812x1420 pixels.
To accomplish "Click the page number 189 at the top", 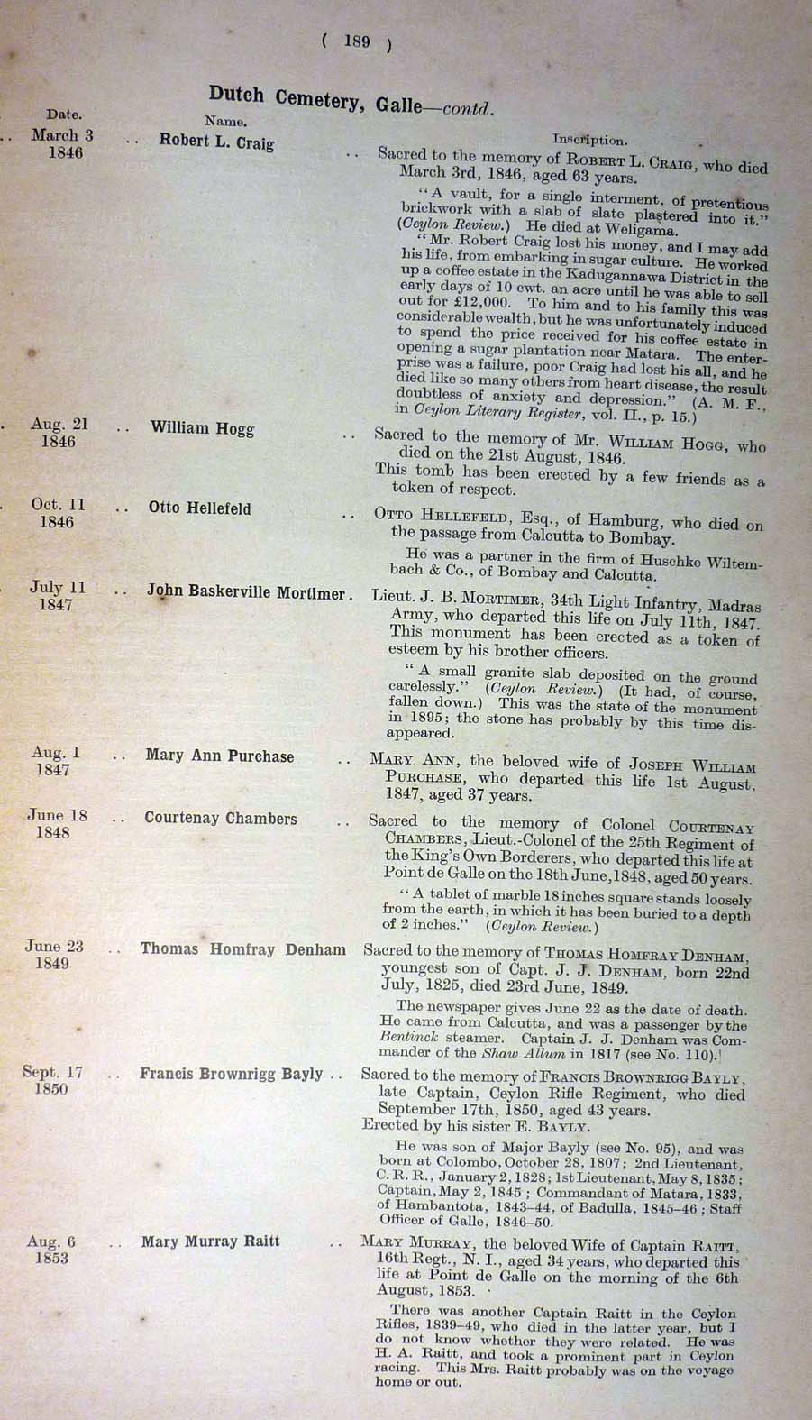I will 357,41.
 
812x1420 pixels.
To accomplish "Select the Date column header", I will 63,115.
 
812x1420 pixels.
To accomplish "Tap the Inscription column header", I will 589,140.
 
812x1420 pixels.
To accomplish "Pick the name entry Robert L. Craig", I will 216,142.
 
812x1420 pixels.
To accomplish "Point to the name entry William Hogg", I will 202,428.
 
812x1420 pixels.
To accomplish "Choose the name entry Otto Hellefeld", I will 199,508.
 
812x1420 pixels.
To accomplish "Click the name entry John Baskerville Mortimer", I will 246,593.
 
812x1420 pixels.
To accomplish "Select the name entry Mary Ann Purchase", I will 219,756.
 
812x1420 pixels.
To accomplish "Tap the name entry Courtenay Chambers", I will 220,819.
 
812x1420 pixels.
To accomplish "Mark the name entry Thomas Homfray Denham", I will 242,949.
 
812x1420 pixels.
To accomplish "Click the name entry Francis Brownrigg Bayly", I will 231,1074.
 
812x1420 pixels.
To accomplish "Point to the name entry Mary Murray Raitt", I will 210,1242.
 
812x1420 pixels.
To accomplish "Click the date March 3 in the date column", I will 62,135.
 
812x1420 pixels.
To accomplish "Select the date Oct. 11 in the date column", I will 58,505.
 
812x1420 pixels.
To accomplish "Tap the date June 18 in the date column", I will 57,816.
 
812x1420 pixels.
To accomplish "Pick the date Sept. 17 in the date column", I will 52,1072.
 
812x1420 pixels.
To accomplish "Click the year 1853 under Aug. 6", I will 51,1258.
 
